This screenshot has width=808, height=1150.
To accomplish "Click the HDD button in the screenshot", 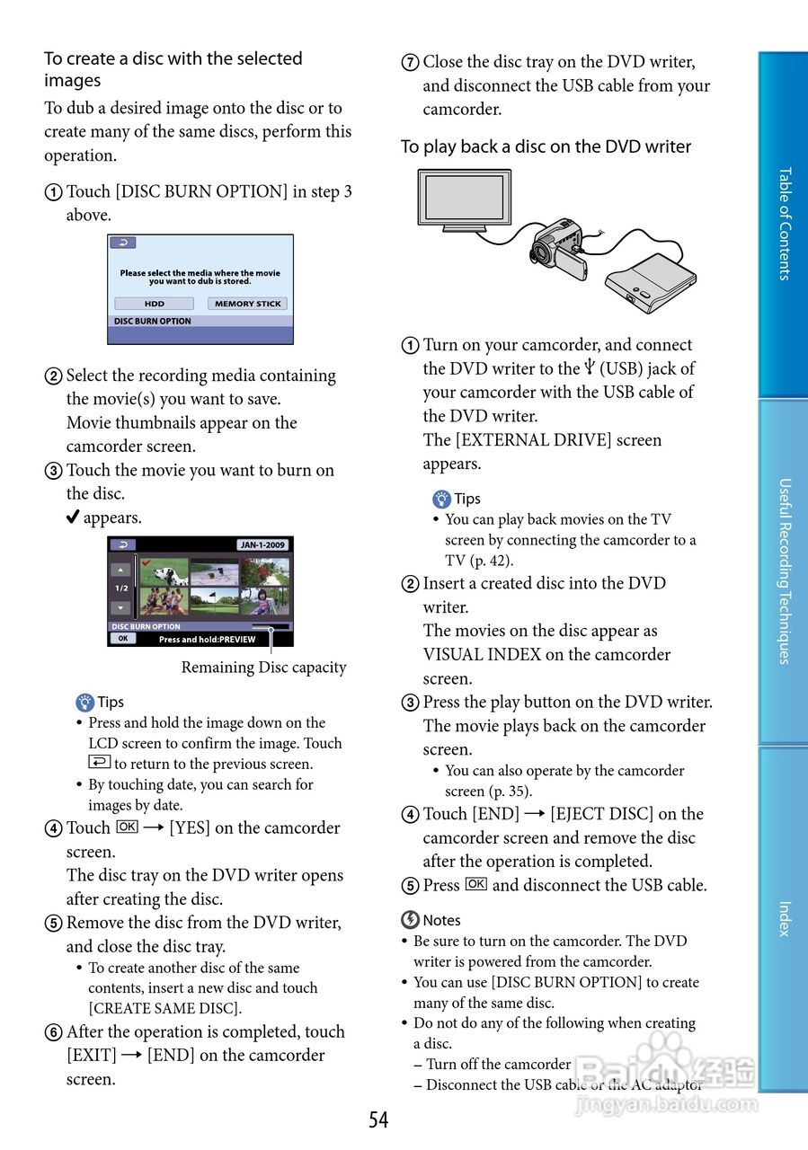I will [x=154, y=304].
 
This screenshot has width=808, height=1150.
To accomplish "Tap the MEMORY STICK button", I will [x=247, y=304].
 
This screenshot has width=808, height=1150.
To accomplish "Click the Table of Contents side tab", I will [x=783, y=224].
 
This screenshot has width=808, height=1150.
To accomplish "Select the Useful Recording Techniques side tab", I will [x=783, y=571].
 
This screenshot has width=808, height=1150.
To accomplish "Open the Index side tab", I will [x=783, y=918].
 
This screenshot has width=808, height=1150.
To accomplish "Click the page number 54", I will [x=378, y=1119].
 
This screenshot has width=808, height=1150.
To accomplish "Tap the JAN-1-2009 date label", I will [x=262, y=544].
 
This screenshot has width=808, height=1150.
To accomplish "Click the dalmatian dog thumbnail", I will [x=164, y=572].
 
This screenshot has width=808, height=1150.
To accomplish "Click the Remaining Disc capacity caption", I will [x=263, y=668].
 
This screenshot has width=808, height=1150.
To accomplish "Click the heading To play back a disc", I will [x=546, y=146].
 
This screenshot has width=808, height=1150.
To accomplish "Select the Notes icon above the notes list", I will [x=410, y=919].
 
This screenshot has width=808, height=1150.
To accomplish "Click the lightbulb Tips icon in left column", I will [x=85, y=703].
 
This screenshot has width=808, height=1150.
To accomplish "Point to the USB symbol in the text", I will [x=590, y=368].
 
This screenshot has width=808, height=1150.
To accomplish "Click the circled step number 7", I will [x=410, y=63].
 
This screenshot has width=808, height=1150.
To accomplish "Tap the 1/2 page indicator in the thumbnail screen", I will [x=121, y=588].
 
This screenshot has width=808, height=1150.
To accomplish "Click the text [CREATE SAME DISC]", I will [x=164, y=1008].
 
